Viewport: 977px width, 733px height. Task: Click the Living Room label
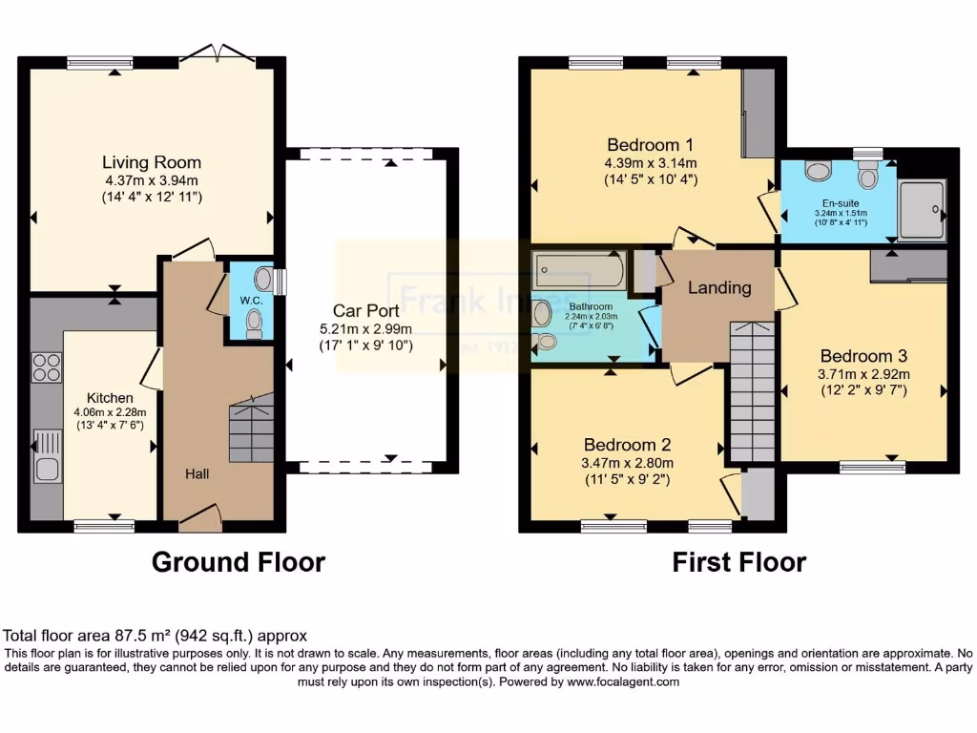[x=153, y=162]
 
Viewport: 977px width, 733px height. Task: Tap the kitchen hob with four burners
[x=47, y=367]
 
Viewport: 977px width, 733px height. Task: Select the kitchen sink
[x=46, y=456]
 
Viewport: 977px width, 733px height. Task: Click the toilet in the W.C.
[x=253, y=327]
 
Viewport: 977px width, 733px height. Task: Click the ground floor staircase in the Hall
[x=251, y=429]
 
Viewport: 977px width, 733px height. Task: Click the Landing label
[x=719, y=287]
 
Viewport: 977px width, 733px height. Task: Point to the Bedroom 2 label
[x=628, y=445]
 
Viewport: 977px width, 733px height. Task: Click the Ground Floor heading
[x=239, y=562]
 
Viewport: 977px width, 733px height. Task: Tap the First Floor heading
[x=738, y=562]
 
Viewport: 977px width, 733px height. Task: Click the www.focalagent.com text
[x=624, y=681]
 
